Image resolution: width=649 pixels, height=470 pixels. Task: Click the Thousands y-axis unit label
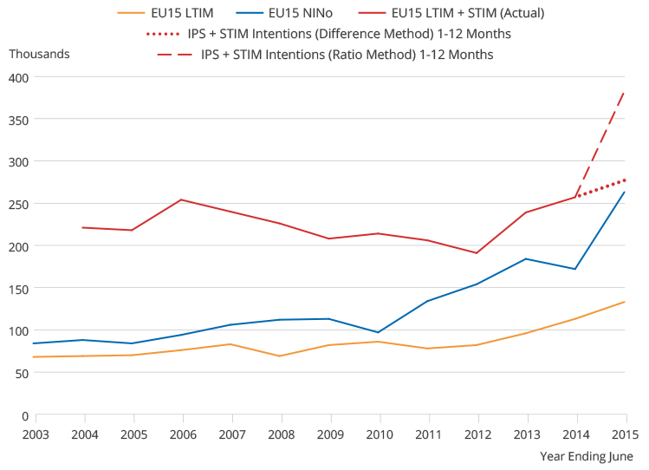[39, 54]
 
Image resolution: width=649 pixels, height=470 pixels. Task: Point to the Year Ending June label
[587, 456]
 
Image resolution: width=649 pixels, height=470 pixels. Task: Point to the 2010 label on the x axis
[379, 433]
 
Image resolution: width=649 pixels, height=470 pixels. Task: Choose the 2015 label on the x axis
[626, 433]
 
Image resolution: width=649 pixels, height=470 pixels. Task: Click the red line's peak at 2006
[181, 199]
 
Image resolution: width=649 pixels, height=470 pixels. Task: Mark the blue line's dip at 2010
[379, 332]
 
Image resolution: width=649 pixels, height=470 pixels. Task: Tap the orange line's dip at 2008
[280, 356]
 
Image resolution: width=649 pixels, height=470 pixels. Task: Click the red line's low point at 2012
[477, 253]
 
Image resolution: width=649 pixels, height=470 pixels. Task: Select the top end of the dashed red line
[625, 92]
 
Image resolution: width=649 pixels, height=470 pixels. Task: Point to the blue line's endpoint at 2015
[625, 193]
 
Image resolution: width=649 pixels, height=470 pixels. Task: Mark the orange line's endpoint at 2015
[625, 302]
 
